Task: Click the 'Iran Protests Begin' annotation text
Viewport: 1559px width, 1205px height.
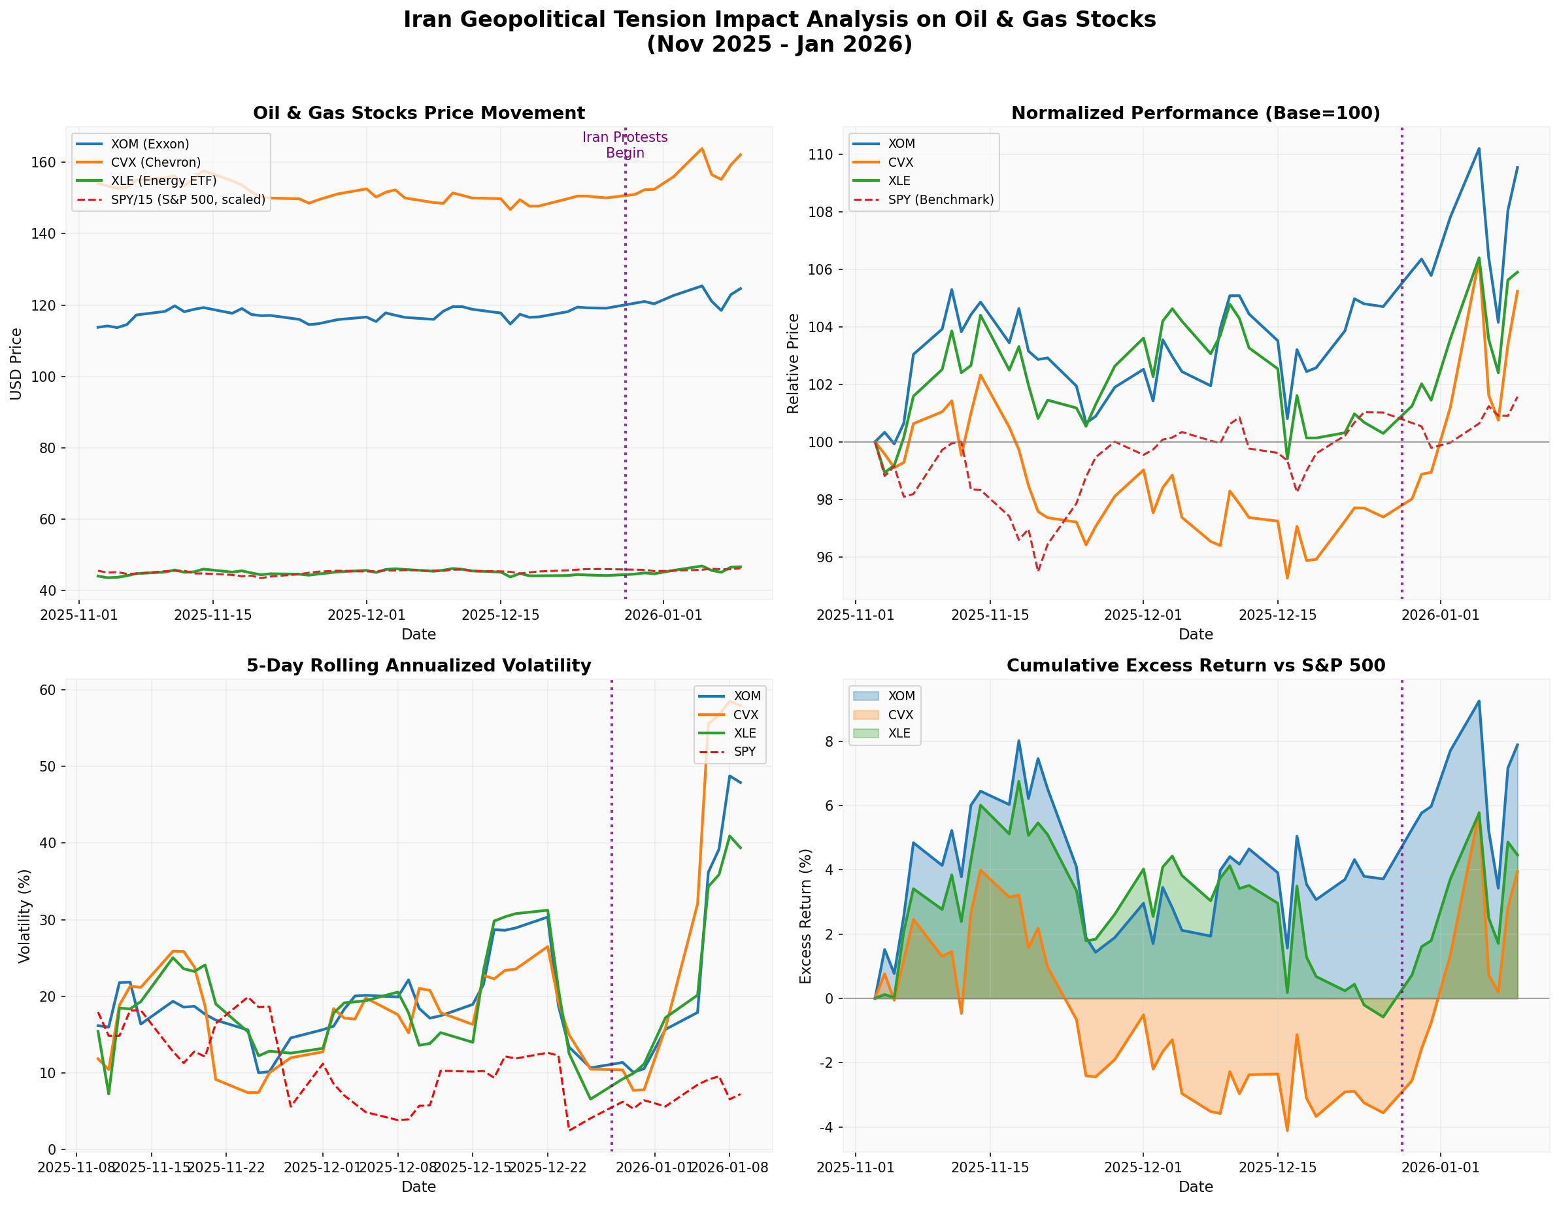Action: (625, 145)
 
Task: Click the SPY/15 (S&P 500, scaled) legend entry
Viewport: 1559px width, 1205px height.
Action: (188, 200)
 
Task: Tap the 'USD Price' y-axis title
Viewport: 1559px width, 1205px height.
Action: (16, 364)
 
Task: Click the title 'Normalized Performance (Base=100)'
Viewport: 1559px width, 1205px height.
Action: (1196, 114)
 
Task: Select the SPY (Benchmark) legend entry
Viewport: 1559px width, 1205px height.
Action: (940, 200)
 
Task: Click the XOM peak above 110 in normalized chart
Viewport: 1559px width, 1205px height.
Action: (1479, 149)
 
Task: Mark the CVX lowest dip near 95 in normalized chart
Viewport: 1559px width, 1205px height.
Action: (1287, 577)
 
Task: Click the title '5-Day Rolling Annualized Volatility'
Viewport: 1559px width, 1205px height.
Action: (419, 666)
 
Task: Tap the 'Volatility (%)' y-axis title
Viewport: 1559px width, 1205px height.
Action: (25, 916)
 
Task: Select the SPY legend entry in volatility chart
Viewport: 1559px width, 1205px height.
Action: (745, 752)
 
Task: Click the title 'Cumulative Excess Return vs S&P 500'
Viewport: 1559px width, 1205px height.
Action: (1196, 666)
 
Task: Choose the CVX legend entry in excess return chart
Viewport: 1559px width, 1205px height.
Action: (900, 715)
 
